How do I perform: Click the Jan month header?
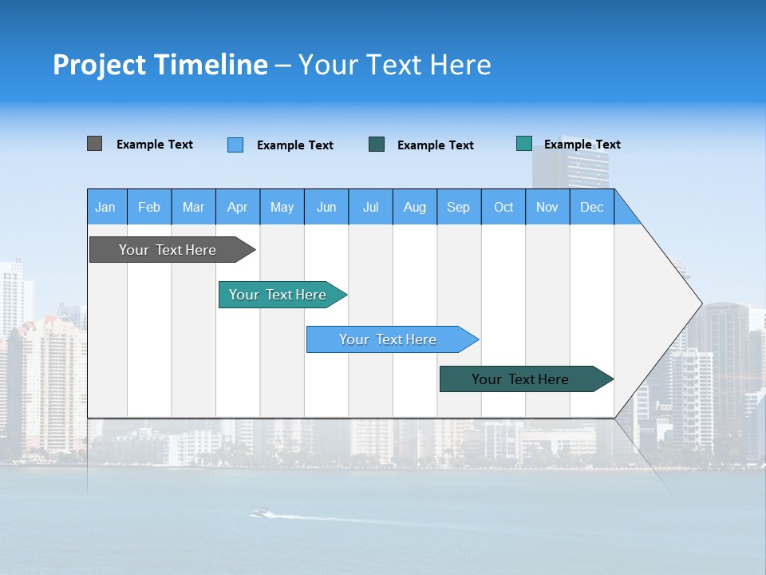click(105, 207)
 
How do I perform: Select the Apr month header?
click(237, 207)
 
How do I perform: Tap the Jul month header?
click(370, 207)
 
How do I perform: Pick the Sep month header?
click(458, 207)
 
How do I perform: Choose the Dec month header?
click(591, 207)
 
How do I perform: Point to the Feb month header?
click(149, 207)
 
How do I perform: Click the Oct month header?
click(503, 207)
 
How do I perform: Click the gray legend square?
click(94, 144)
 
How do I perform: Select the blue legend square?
click(235, 145)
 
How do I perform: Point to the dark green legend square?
click(377, 145)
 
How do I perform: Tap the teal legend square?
click(524, 144)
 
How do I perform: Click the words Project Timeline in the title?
click(160, 65)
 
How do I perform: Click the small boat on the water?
click(259, 513)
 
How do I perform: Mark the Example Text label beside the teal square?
click(582, 145)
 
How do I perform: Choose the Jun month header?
click(326, 207)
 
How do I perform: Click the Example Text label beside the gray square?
click(155, 145)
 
